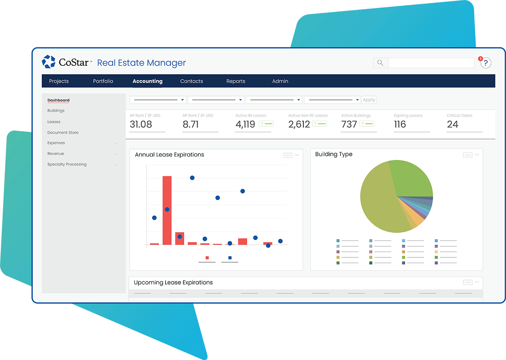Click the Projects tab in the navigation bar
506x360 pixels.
tap(59, 81)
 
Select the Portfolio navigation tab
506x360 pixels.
tap(103, 81)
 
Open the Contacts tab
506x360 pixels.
tap(192, 81)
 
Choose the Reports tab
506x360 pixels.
tap(236, 81)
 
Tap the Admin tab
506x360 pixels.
tap(280, 81)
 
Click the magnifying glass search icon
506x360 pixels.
tap(380, 63)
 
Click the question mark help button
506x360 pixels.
tap(486, 63)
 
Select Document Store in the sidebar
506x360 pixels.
tap(63, 133)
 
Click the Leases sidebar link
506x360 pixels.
tap(54, 122)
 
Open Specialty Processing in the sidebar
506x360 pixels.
tap(67, 165)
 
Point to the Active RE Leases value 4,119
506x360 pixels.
tap(245, 125)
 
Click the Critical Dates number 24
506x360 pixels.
tap(453, 125)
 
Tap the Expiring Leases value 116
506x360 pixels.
tap(400, 125)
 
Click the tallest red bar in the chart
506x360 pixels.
tap(167, 210)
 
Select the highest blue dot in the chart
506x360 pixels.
tap(192, 178)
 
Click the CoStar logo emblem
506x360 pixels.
tap(48, 62)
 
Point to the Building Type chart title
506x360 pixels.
tap(334, 154)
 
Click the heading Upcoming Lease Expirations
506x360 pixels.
tap(173, 283)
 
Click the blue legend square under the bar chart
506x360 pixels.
tap(230, 257)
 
